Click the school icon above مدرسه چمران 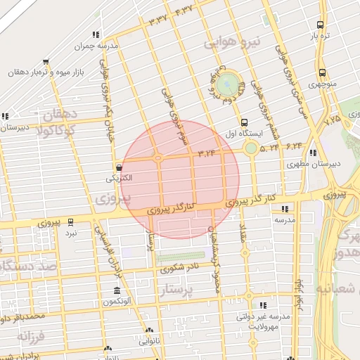[x=95, y=34]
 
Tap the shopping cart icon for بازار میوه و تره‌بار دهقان [x=46, y=62]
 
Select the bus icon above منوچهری [x=322, y=72]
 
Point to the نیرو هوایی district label [x=232, y=43]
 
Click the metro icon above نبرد [x=70, y=219]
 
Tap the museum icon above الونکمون [x=116, y=290]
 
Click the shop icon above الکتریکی [x=119, y=168]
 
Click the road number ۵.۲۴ [x=269, y=148]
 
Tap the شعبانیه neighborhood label [x=337, y=288]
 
